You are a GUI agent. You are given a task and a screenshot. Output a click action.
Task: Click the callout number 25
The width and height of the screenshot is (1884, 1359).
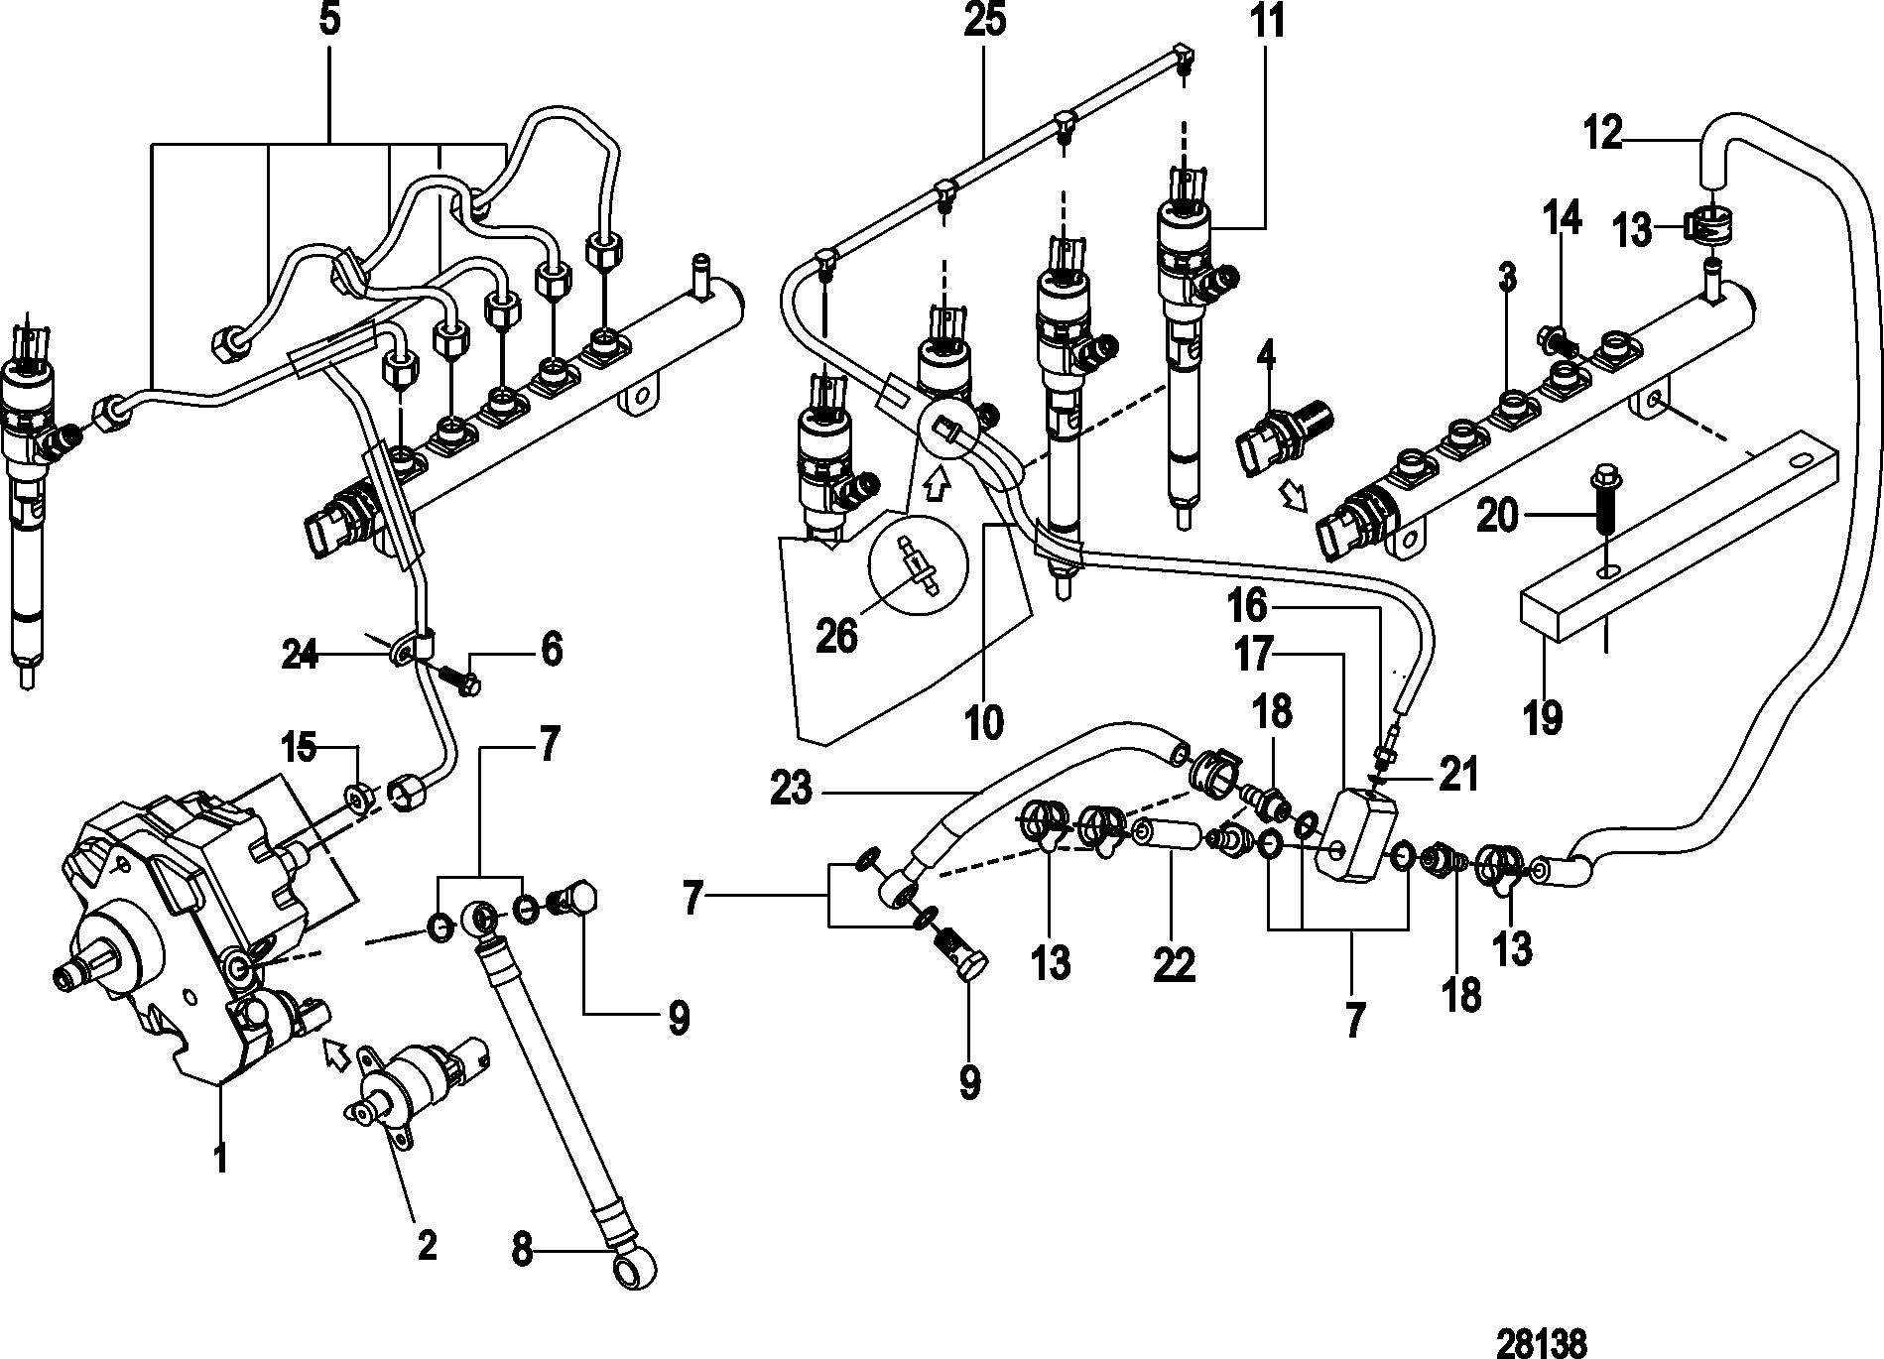coord(983,22)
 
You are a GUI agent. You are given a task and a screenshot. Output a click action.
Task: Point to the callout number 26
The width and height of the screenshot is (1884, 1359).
coord(836,636)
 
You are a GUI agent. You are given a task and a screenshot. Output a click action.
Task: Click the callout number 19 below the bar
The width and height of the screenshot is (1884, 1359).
coord(1544,716)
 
